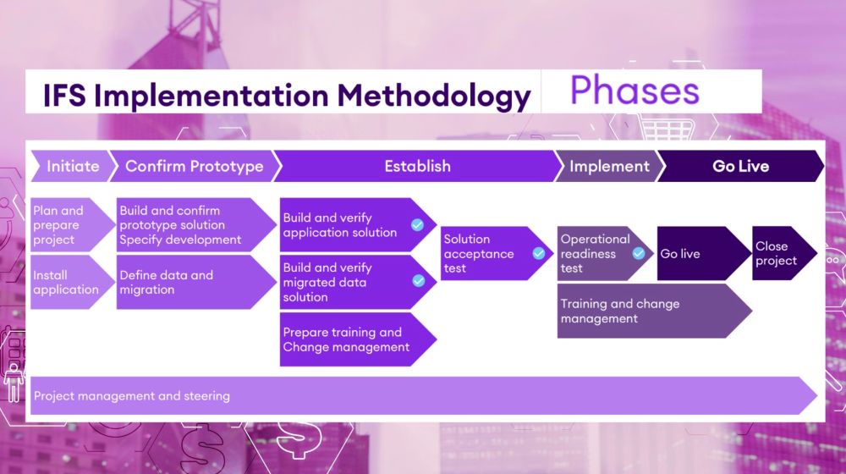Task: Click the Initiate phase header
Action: point(73,166)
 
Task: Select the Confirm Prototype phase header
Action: point(194,166)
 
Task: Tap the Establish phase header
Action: point(417,166)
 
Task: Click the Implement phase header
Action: point(609,166)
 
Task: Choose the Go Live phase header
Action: point(740,166)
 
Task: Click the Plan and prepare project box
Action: point(68,225)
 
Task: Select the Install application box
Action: point(68,282)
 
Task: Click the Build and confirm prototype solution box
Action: point(190,225)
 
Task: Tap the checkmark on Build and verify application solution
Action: point(417,224)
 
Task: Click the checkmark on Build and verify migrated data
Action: point(417,281)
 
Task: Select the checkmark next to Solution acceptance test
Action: point(538,253)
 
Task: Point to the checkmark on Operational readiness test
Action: point(639,253)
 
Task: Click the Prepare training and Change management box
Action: point(351,339)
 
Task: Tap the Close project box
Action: point(778,253)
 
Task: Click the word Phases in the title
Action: point(634,91)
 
